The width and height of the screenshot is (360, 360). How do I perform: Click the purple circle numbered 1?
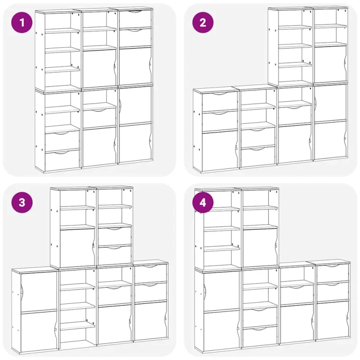22,22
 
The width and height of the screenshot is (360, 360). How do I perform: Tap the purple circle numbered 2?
203,22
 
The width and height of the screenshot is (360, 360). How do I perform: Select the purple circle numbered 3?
22,202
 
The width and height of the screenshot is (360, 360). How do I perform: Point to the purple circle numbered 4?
203,202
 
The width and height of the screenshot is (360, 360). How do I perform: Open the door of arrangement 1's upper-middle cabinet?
99,68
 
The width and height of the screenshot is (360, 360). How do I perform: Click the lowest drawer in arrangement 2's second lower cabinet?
258,157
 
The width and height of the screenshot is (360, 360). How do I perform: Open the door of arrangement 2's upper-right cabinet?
330,63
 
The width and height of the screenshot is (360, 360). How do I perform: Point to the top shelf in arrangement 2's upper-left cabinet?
295,27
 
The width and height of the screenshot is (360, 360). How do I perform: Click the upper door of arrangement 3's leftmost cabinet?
39,292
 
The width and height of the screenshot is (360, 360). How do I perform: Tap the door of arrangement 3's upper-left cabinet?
77,248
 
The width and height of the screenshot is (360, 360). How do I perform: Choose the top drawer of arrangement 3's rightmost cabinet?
151,273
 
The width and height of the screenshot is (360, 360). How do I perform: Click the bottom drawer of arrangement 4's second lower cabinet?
260,337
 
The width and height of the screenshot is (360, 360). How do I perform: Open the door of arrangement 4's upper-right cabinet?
260,247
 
